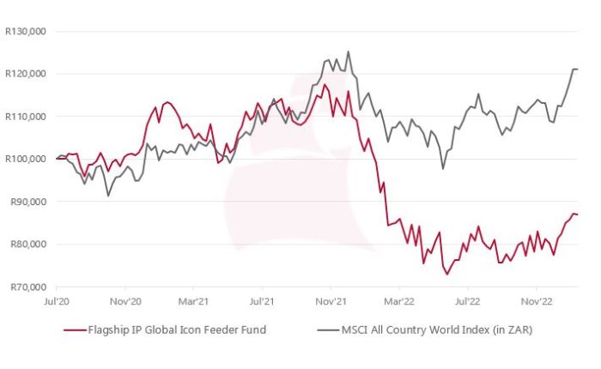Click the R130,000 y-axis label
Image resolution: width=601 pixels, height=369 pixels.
click(27, 32)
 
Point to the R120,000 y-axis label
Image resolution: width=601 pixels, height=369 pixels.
click(27, 74)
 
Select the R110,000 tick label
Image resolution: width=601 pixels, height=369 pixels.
click(27, 117)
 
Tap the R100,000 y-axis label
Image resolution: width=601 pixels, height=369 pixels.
click(27, 159)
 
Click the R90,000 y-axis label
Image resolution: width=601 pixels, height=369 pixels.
click(29, 202)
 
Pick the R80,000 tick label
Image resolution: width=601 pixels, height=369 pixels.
click(29, 245)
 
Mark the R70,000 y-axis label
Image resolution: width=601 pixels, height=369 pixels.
click(29, 287)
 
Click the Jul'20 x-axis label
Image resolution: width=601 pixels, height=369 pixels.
click(56, 302)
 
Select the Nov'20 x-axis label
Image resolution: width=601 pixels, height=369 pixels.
click(125, 302)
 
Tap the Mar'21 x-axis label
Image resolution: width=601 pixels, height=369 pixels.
click(193, 302)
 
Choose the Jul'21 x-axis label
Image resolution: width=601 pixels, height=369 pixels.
click(261, 302)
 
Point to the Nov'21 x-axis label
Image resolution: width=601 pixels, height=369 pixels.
click(331, 302)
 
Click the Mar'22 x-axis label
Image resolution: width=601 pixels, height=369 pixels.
click(398, 302)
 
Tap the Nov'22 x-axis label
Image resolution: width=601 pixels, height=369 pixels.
click(536, 302)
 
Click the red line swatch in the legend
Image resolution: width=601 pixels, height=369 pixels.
click(75, 330)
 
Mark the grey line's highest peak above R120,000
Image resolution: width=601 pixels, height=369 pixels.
click(348, 51)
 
